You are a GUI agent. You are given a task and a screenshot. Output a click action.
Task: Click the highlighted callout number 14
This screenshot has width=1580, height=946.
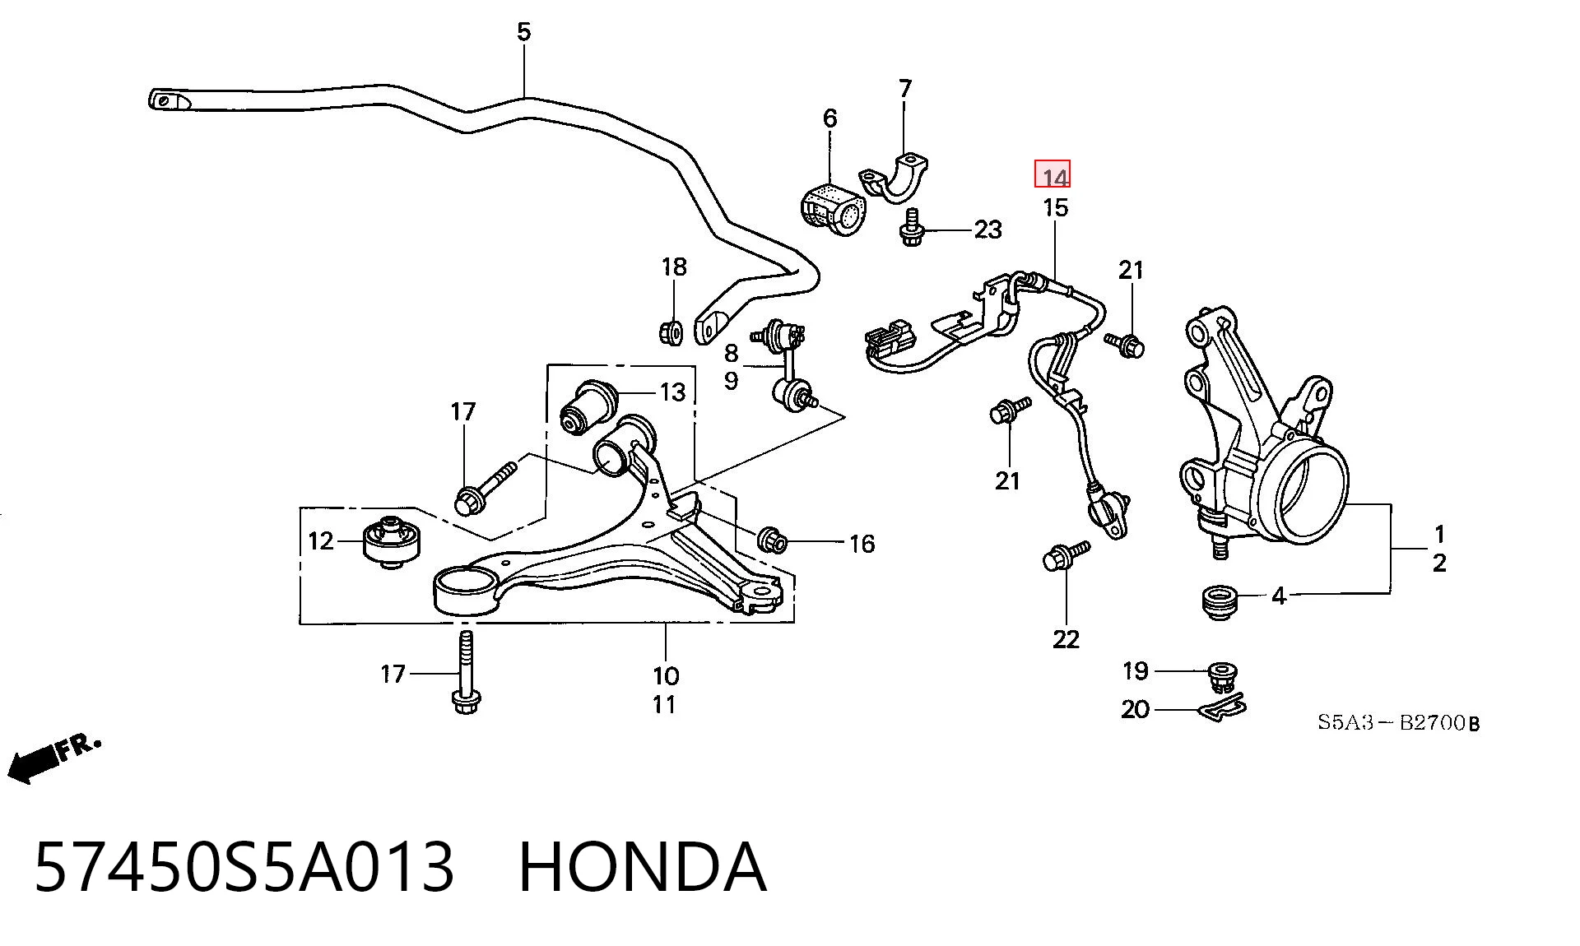1053,175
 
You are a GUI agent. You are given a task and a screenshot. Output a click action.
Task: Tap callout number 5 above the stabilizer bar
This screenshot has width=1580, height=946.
524,32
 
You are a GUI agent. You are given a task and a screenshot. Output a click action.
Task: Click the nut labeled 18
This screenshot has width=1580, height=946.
671,332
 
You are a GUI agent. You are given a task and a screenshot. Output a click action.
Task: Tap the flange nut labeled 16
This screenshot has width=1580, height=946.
774,540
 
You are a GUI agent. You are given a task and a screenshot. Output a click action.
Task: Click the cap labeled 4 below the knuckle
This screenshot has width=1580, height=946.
1218,602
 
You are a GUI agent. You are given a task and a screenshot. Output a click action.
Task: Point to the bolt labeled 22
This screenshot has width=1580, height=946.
1064,555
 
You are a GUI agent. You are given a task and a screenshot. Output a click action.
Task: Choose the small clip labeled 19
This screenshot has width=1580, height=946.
1223,675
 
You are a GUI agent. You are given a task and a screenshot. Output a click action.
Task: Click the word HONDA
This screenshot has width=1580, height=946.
643,866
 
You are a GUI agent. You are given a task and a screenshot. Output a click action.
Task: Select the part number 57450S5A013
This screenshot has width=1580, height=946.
244,866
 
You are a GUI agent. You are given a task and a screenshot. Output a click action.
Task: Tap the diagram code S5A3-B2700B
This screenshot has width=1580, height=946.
1398,723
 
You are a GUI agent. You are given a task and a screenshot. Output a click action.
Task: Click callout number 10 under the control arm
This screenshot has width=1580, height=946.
666,676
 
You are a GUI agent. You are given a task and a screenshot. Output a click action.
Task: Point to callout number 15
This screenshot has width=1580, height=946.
1055,207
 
